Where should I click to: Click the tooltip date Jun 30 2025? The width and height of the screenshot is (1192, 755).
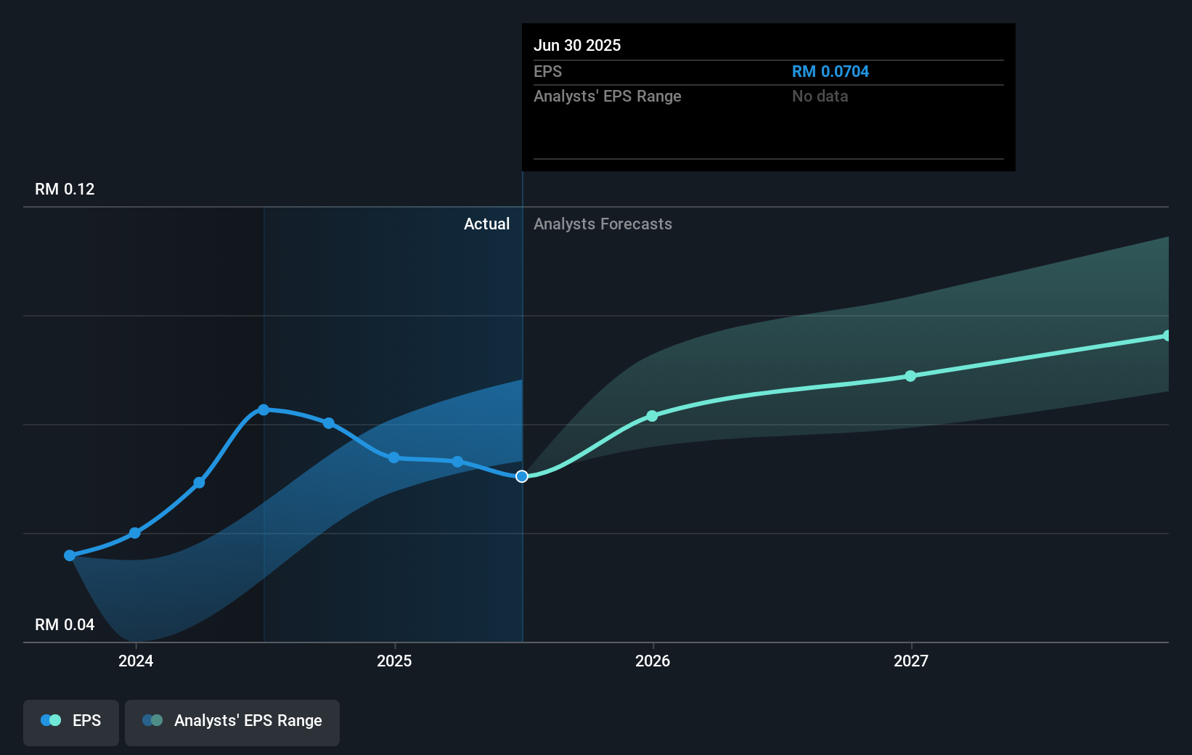point(577,45)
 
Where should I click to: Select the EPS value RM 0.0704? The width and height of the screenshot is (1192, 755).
point(830,71)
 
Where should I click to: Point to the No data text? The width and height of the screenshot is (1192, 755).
point(820,96)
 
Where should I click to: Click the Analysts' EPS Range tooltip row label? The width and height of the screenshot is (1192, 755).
point(607,96)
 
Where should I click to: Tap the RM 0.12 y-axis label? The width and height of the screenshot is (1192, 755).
point(65,189)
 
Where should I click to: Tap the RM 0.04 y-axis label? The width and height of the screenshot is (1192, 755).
point(65,624)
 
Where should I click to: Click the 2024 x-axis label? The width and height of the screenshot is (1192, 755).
point(136,661)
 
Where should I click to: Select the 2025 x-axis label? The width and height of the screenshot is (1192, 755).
point(394,661)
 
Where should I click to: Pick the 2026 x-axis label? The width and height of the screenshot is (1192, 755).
point(653,661)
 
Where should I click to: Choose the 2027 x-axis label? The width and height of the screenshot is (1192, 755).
point(911,661)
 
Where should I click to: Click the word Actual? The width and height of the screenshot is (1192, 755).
point(486,224)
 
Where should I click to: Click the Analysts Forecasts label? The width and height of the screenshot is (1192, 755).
point(603,224)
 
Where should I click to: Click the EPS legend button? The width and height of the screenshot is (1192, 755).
point(71,721)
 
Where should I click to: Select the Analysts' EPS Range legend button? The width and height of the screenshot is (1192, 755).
point(232,721)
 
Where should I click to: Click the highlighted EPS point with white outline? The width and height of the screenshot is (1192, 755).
point(522,476)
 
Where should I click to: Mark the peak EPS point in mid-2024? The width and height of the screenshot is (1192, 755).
point(264,410)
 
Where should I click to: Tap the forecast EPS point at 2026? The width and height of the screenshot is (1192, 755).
point(652,416)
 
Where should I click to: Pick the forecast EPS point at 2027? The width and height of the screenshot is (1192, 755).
point(910,376)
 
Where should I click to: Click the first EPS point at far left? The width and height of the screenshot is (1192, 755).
point(70,555)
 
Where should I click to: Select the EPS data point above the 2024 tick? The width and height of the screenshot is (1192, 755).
point(135,533)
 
